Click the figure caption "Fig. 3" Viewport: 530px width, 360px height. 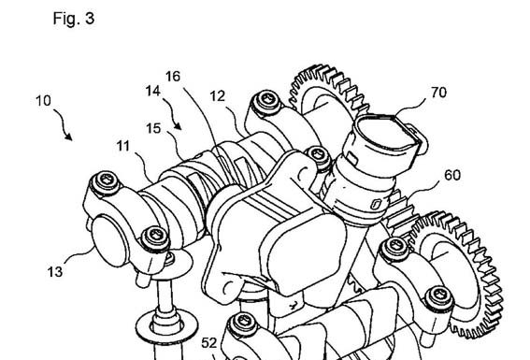[74, 18]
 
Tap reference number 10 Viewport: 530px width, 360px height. [43, 101]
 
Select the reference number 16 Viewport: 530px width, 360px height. [173, 77]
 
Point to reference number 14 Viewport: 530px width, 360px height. [153, 91]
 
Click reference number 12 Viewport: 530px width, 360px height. [218, 96]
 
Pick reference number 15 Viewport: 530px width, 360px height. [153, 128]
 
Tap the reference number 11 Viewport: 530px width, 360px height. [123, 146]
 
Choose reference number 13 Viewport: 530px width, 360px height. [55, 272]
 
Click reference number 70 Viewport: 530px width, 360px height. [438, 93]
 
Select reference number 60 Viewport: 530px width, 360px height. [452, 175]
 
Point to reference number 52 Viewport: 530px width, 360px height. [208, 343]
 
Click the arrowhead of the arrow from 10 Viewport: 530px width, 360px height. [69, 137]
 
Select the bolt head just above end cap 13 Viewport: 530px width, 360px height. [106, 181]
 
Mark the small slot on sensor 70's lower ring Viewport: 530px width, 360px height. [376, 204]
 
